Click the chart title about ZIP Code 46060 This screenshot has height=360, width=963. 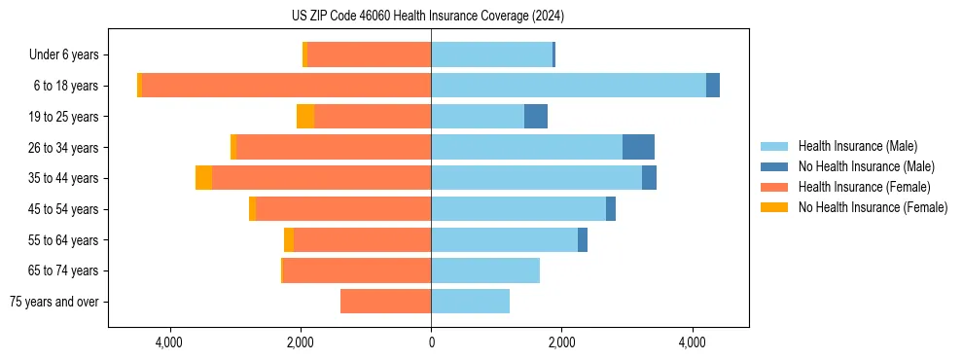pyautogui.click(x=428, y=17)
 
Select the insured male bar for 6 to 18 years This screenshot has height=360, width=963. pyautogui.click(x=568, y=86)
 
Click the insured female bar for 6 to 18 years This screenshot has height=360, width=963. pyautogui.click(x=286, y=86)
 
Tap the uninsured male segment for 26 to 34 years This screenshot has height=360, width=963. pyautogui.click(x=638, y=147)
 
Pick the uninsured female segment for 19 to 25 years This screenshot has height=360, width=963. pyautogui.click(x=305, y=117)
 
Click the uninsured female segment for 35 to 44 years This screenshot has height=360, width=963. pyautogui.click(x=203, y=178)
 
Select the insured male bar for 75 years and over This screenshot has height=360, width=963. pyautogui.click(x=470, y=302)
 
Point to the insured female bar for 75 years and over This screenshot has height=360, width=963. pyautogui.click(x=385, y=302)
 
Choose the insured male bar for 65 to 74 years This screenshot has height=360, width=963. pyautogui.click(x=485, y=270)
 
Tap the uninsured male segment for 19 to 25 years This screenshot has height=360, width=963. pyautogui.click(x=536, y=117)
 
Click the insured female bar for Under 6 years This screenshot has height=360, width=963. pyautogui.click(x=369, y=54)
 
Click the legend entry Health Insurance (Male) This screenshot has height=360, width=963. pyautogui.click(x=857, y=146)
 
